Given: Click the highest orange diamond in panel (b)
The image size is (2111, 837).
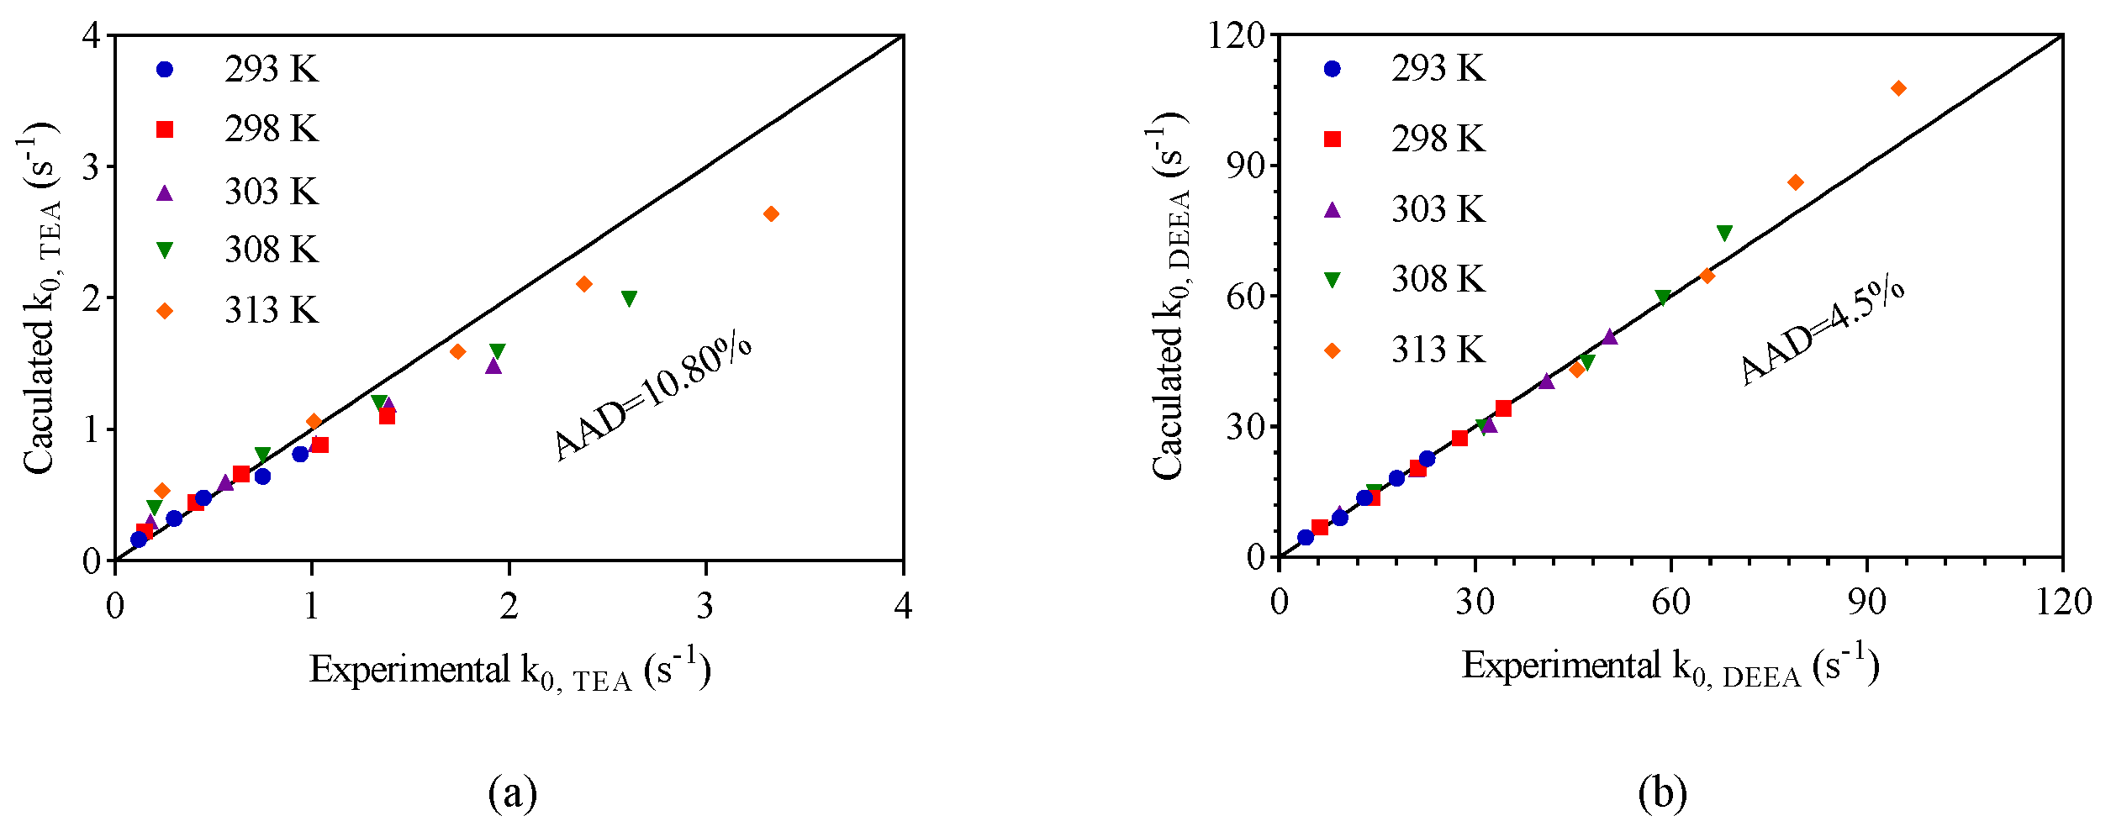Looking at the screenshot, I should (x=1898, y=88).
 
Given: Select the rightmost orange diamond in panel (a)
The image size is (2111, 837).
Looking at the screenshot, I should (x=771, y=214).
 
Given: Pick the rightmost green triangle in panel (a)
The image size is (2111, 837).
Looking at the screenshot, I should (x=629, y=298).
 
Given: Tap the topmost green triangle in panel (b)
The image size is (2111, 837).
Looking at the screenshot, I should (x=1724, y=234).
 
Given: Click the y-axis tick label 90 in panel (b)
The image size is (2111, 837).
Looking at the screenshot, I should (x=1247, y=166).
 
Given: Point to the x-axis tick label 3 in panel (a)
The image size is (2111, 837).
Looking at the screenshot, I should (x=705, y=605).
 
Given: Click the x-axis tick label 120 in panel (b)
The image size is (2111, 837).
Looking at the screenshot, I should (x=2062, y=603).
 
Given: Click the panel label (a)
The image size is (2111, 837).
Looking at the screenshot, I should (x=512, y=792).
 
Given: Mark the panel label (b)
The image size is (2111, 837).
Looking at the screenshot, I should (x=1662, y=792).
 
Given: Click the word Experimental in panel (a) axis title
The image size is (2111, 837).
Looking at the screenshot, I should (x=409, y=670).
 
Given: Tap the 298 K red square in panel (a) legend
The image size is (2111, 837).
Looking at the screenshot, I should (x=165, y=129).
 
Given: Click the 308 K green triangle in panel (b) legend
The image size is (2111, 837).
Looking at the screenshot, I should (x=1332, y=280).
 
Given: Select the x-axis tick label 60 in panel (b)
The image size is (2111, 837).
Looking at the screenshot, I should (x=1670, y=603).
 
